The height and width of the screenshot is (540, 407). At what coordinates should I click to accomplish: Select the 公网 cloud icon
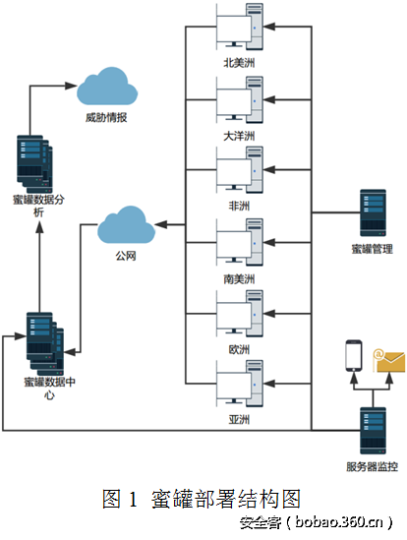126,227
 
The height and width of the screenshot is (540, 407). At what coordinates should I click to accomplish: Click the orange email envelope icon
390,361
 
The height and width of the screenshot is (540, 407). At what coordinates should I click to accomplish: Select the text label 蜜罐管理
373,248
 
